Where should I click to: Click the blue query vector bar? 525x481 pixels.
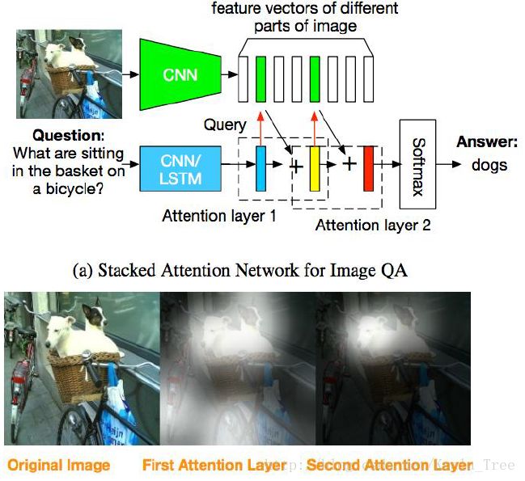[260, 169]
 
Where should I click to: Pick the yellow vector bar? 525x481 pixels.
[315, 169]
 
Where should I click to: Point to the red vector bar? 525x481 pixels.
[368, 168]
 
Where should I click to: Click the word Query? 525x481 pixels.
[224, 125]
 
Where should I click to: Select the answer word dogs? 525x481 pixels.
[489, 165]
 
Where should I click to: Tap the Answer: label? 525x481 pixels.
[487, 142]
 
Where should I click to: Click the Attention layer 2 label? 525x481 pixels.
[373, 226]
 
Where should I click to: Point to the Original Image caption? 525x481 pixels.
[58, 465]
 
